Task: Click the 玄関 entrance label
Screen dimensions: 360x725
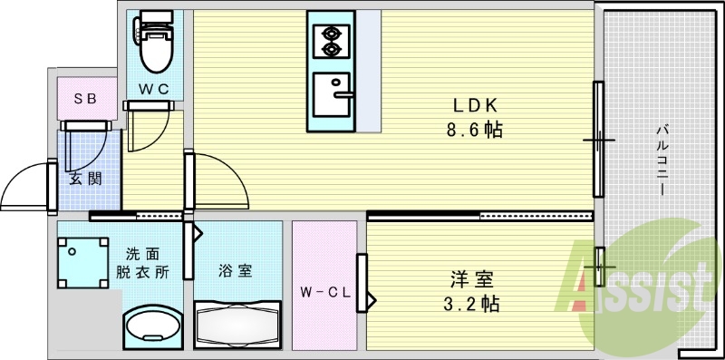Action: [x=84, y=178]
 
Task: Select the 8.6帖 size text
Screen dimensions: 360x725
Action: [x=474, y=130]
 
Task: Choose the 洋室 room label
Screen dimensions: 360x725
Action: [x=474, y=277]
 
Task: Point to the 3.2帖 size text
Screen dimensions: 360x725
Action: [x=474, y=303]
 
